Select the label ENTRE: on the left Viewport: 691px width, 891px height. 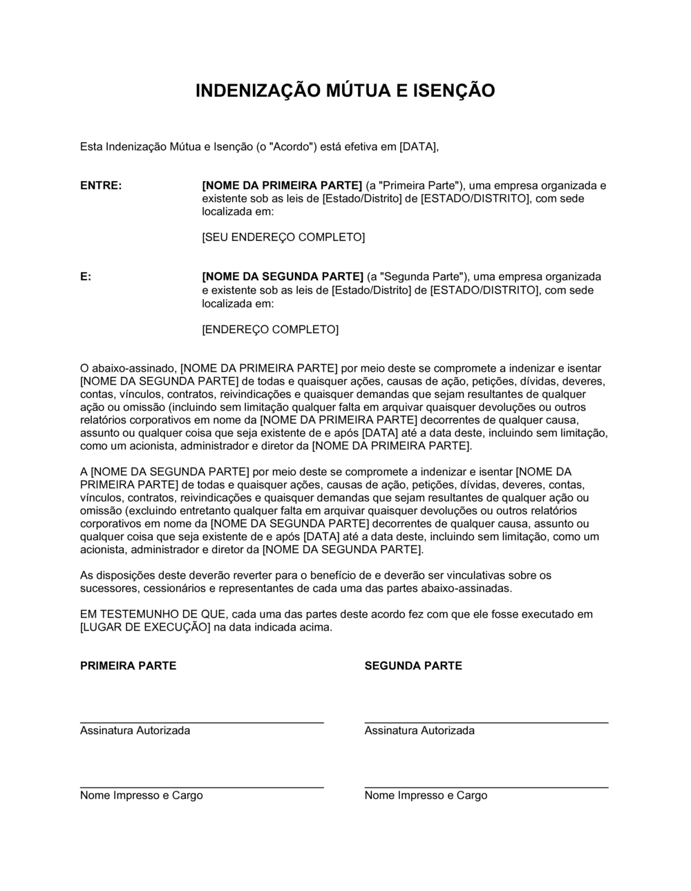click(x=101, y=186)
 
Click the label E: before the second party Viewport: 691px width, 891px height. click(x=86, y=277)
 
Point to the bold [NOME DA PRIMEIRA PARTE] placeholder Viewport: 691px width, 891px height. click(x=282, y=186)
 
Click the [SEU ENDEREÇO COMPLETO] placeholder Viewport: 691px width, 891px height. click(x=283, y=238)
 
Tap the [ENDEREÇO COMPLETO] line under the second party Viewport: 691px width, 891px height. click(x=270, y=329)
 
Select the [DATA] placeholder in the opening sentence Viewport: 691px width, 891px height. click(x=418, y=146)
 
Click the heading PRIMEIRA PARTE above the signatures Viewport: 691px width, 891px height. click(x=128, y=666)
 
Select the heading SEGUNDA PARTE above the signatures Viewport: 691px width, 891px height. click(x=413, y=666)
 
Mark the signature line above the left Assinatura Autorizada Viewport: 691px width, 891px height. click(x=202, y=722)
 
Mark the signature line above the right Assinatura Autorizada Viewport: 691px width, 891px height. click(x=486, y=722)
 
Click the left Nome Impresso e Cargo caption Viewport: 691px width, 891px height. click(x=142, y=796)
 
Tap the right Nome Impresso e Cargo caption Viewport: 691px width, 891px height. click(x=426, y=796)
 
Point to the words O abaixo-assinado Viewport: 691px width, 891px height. click(x=129, y=369)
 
